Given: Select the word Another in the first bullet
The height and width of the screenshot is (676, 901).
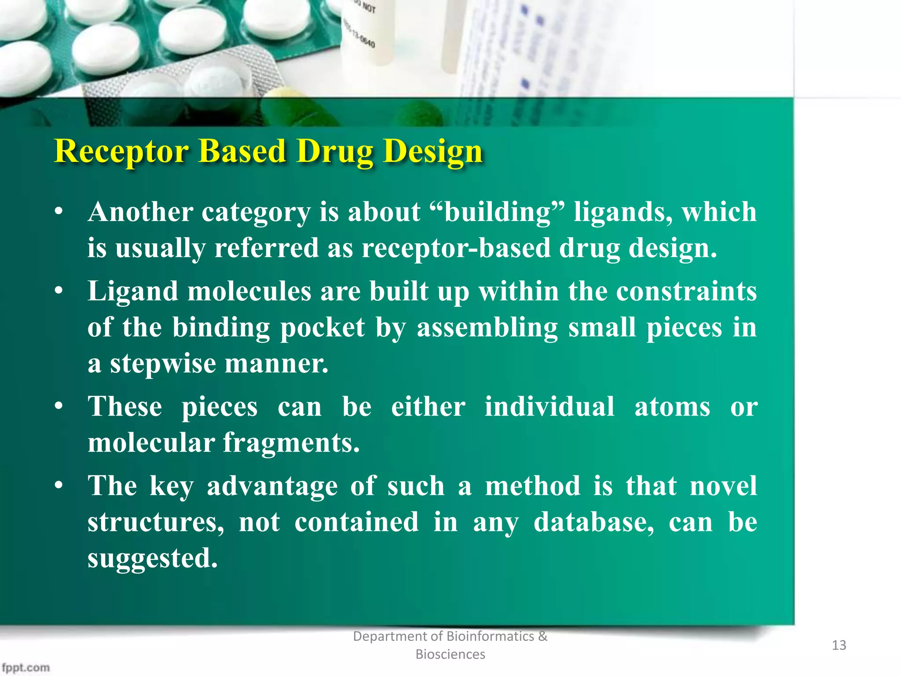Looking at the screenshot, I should click(140, 212).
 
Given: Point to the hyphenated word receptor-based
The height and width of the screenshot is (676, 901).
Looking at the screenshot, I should click(456, 248).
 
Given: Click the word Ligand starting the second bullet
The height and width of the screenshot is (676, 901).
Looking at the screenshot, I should click(132, 292).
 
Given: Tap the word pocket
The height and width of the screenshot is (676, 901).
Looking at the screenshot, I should click(322, 328).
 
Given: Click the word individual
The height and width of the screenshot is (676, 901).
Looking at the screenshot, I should click(549, 407).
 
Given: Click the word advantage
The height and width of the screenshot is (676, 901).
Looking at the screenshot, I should click(272, 486).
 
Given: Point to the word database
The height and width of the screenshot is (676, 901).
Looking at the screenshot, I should click(593, 522).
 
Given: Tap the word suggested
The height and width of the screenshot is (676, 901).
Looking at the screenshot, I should click(152, 558).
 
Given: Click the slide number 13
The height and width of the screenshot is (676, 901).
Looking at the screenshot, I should click(839, 645).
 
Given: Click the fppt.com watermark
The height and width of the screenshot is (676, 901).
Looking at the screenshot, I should click(26, 667).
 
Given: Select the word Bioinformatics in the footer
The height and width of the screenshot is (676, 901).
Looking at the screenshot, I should click(490, 636).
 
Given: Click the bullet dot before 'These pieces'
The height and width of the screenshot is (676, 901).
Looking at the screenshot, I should click(59, 407).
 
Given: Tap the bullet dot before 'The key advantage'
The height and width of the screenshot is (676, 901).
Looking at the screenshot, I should click(59, 486).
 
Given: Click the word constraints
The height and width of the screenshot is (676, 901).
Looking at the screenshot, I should click(686, 292).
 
